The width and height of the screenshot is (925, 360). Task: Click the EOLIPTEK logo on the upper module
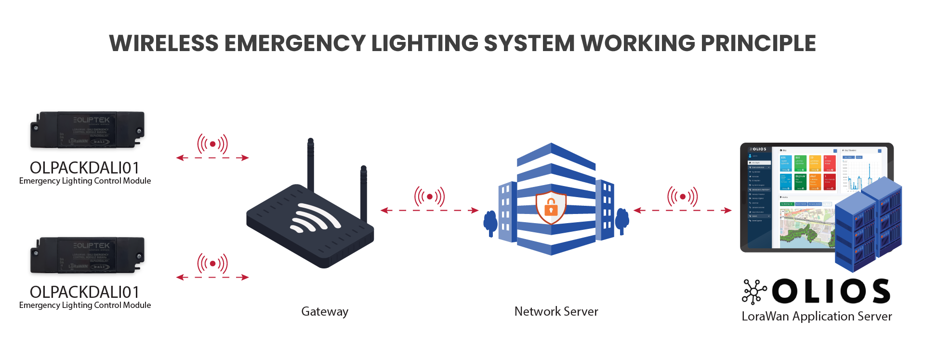click(92, 120)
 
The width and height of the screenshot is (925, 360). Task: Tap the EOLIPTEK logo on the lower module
click(92, 246)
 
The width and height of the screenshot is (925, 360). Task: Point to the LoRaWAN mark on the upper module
click(78, 141)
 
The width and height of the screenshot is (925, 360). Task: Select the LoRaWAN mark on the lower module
click(78, 266)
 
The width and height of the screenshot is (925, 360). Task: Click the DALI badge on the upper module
click(100, 142)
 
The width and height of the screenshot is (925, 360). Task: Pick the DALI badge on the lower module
click(100, 267)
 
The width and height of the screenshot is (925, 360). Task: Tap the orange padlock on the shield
click(551, 209)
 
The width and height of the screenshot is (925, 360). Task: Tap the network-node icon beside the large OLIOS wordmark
click(753, 292)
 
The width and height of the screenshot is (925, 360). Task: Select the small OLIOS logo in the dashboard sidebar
click(758, 149)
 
